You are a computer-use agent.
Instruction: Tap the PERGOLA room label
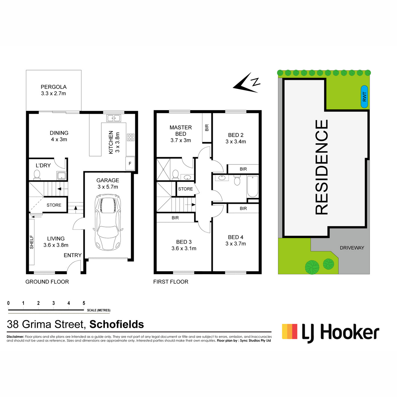[54, 87]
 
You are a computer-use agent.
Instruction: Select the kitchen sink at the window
[114, 118]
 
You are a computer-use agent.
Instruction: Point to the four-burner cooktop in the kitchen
[131, 137]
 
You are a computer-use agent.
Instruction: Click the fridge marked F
[130, 163]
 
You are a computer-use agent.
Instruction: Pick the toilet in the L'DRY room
[37, 175]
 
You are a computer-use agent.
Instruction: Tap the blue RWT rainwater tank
[364, 97]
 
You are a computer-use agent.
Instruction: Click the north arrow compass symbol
[246, 82]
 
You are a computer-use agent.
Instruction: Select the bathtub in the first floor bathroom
[252, 187]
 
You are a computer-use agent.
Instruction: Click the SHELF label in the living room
[31, 242]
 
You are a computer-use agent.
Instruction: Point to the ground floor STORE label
[54, 205]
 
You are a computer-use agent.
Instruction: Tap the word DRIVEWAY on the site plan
[352, 248]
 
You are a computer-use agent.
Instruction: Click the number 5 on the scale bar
[84, 303]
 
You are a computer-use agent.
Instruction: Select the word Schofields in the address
[116, 324]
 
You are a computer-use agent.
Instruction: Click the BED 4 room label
[236, 237]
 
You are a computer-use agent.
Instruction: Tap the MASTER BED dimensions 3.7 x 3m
[181, 140]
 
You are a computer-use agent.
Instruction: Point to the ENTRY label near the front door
[73, 255]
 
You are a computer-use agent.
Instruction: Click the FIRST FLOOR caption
[171, 282]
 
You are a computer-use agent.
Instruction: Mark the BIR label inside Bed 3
[175, 218]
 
